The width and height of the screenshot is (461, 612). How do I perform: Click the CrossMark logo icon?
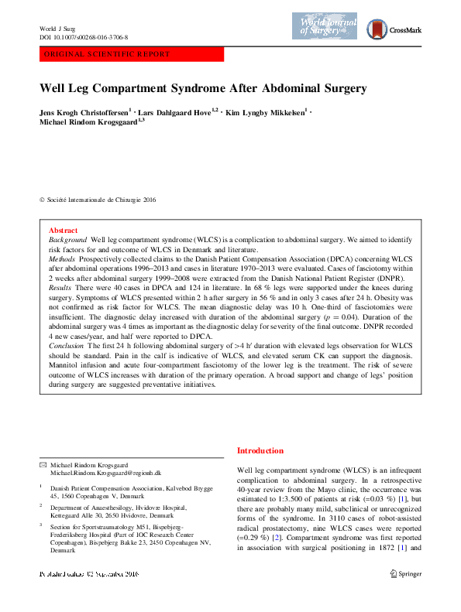click(377, 30)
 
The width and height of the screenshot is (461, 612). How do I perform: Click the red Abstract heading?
click(63, 231)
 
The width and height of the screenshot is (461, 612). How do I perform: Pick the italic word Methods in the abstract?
click(61, 259)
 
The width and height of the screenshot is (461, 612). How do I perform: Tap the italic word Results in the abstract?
click(60, 286)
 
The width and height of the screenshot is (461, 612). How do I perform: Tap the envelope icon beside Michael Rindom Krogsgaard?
click(43, 463)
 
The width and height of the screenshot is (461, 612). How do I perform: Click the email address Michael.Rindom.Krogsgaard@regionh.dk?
click(105, 471)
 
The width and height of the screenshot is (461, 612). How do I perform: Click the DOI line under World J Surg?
click(84, 37)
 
